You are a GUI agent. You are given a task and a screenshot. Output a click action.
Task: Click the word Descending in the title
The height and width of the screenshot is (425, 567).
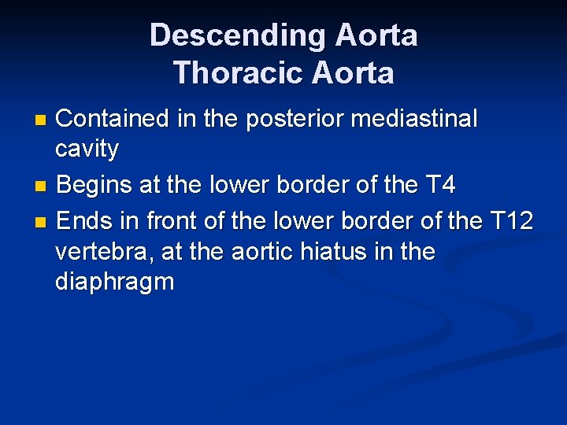click(238, 35)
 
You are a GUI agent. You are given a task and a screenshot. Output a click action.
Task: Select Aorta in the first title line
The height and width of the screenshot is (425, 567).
click(376, 35)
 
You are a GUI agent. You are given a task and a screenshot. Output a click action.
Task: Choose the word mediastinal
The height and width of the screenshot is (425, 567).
click(414, 119)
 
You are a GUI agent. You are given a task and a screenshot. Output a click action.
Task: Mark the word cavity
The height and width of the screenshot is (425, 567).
click(87, 149)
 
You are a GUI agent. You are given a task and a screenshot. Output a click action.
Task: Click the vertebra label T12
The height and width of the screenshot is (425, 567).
click(512, 221)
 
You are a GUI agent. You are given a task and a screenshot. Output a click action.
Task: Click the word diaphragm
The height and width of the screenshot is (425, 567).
click(115, 283)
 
